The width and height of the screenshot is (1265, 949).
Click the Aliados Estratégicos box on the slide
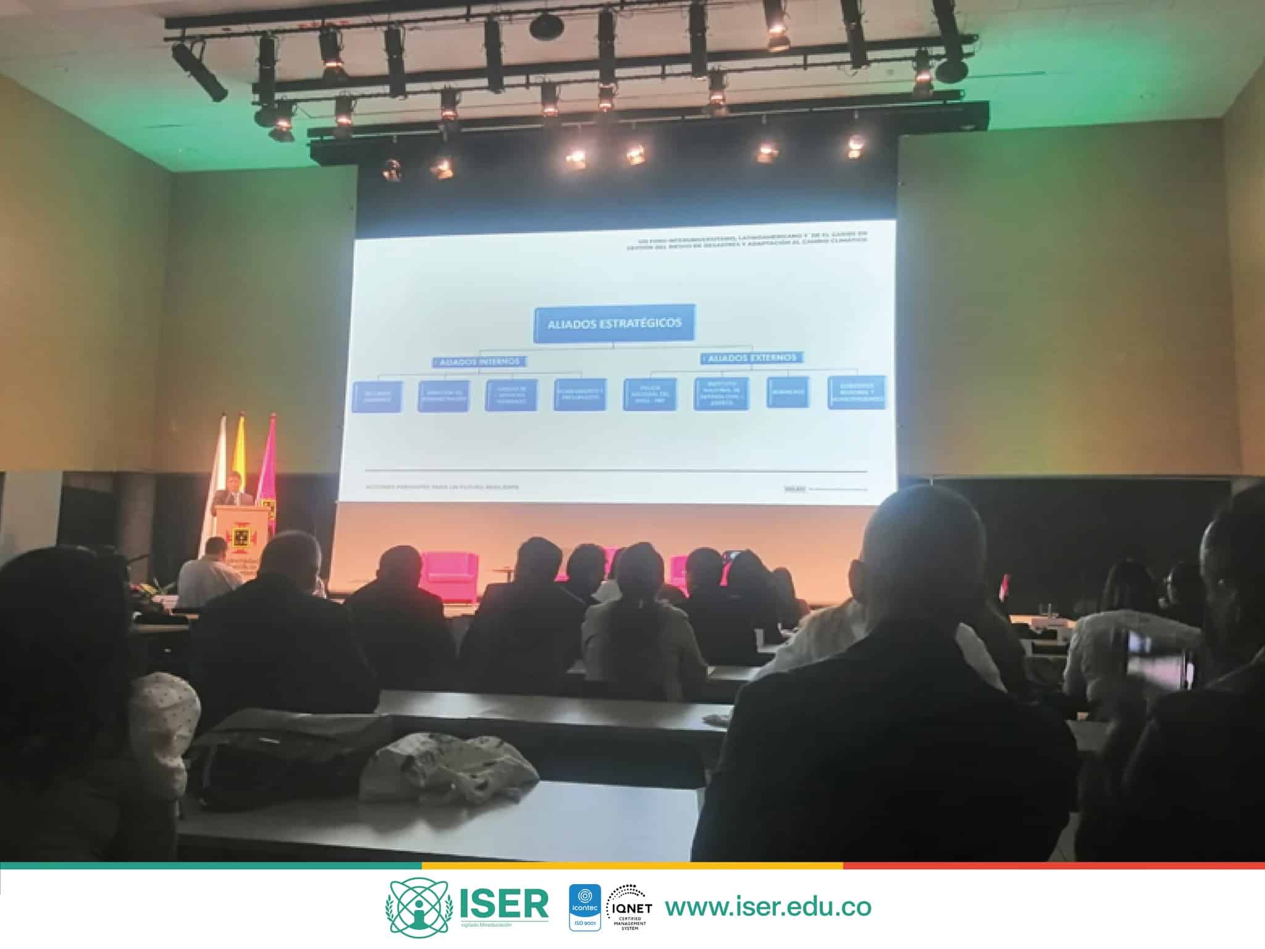pyautogui.click(x=614, y=323)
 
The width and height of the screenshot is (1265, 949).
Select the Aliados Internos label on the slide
pyautogui.click(x=479, y=361)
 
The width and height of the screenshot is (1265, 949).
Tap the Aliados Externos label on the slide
pyautogui.click(x=752, y=358)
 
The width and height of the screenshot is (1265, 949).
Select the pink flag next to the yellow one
pyautogui.click(x=267, y=463)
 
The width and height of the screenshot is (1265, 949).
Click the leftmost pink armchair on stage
pyautogui.click(x=449, y=574)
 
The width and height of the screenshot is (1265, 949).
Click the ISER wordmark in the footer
pyautogui.click(x=503, y=905)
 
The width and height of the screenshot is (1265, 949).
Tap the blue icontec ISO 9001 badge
pyautogui.click(x=584, y=907)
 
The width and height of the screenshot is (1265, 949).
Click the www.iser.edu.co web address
pyautogui.click(x=768, y=907)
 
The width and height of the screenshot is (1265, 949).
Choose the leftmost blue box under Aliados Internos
pyautogui.click(x=377, y=397)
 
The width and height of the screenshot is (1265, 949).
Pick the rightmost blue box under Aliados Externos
pyautogui.click(x=856, y=392)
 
